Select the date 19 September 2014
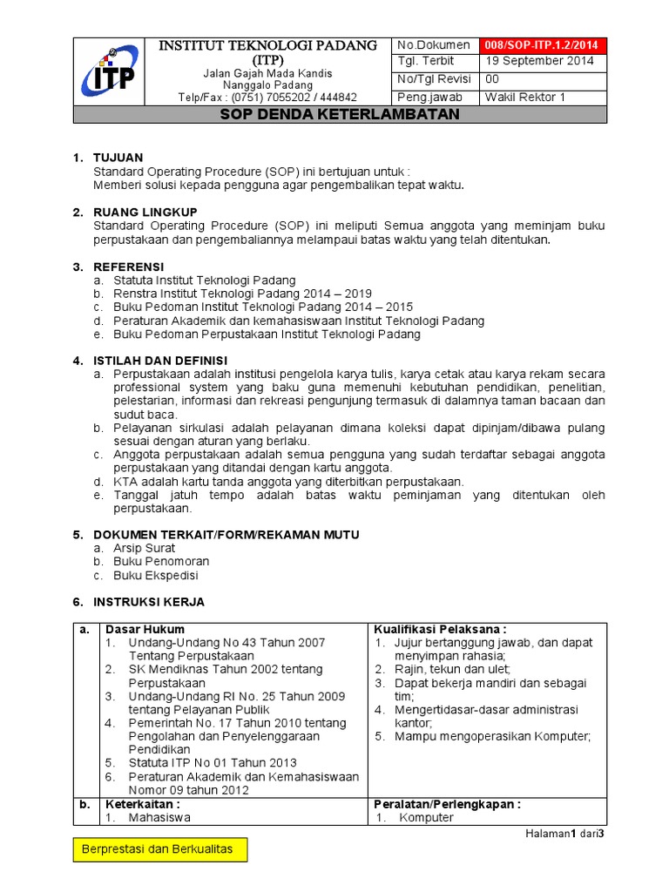point(539,62)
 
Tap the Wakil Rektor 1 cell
point(525,97)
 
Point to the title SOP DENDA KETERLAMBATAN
point(340,115)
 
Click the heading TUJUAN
point(118,158)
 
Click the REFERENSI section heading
point(129,266)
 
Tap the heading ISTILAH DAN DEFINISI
point(160,361)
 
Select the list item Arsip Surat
point(145,548)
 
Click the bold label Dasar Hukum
point(145,629)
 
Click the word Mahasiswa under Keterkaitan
point(159,818)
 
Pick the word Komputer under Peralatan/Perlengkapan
point(426,818)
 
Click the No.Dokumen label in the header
point(433,45)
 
